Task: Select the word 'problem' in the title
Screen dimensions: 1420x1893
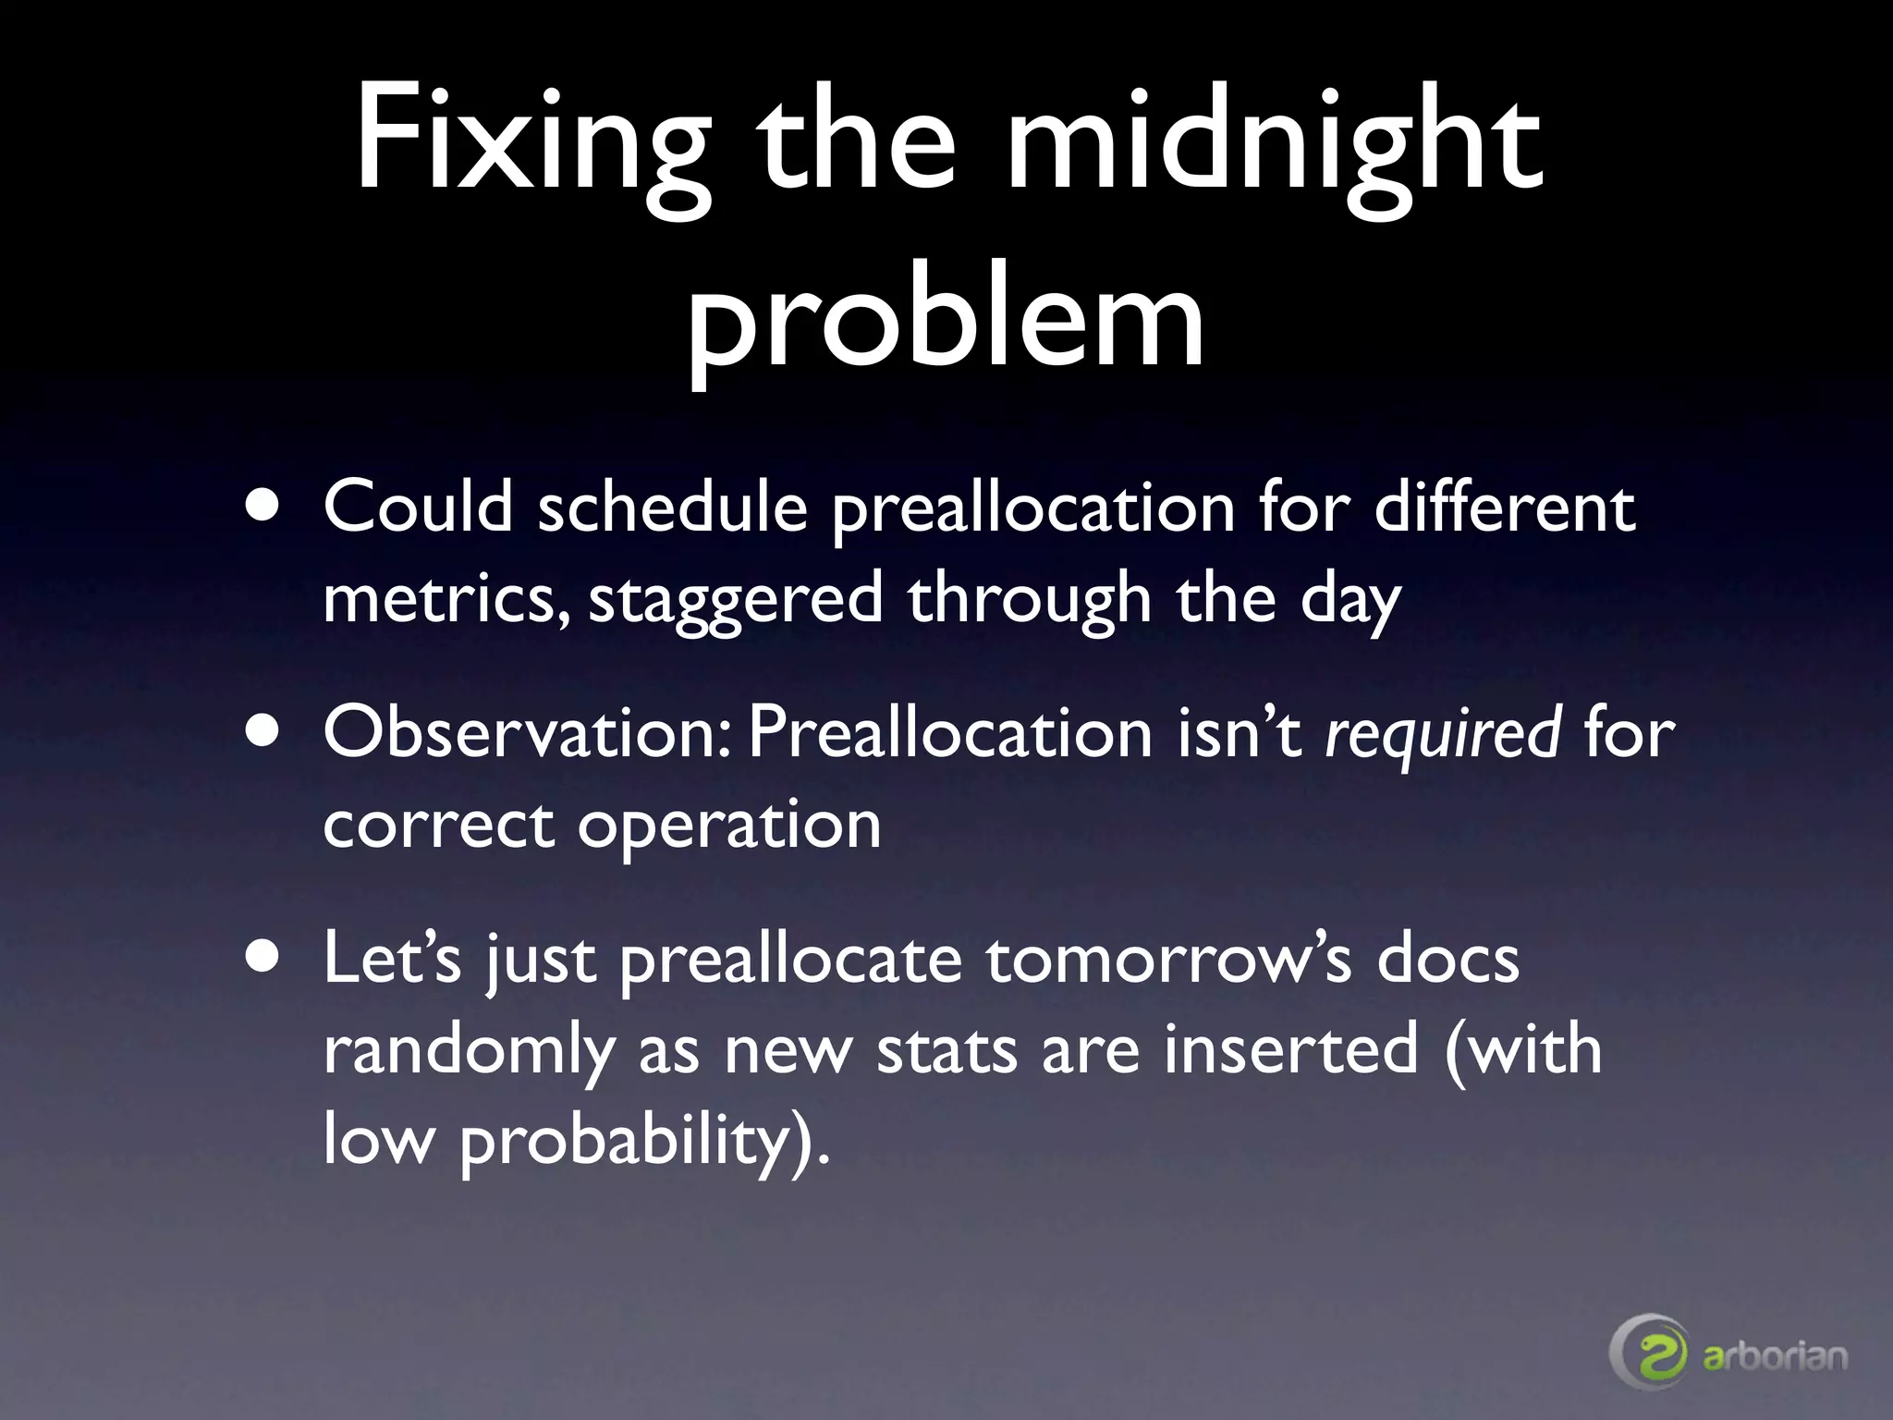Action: click(x=946, y=319)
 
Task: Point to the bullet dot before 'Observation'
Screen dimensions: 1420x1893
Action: click(x=265, y=732)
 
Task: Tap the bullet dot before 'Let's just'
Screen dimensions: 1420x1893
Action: click(x=265, y=959)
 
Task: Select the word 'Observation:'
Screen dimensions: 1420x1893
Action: click(x=530, y=733)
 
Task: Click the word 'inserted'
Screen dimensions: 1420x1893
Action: click(x=1290, y=1049)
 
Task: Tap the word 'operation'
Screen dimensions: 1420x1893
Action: click(x=729, y=826)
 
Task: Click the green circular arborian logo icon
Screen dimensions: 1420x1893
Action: click(x=1650, y=1355)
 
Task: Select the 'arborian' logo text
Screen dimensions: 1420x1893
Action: click(x=1775, y=1356)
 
